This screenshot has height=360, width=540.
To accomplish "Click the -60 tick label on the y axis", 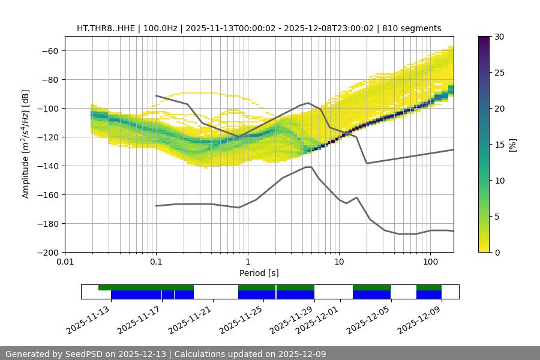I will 49,50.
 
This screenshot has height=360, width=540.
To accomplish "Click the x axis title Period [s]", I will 259,273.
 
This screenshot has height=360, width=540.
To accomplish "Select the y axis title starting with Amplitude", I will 26,144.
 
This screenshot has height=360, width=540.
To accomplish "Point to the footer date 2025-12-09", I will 299,354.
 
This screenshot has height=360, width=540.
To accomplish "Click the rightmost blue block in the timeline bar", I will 429,295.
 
